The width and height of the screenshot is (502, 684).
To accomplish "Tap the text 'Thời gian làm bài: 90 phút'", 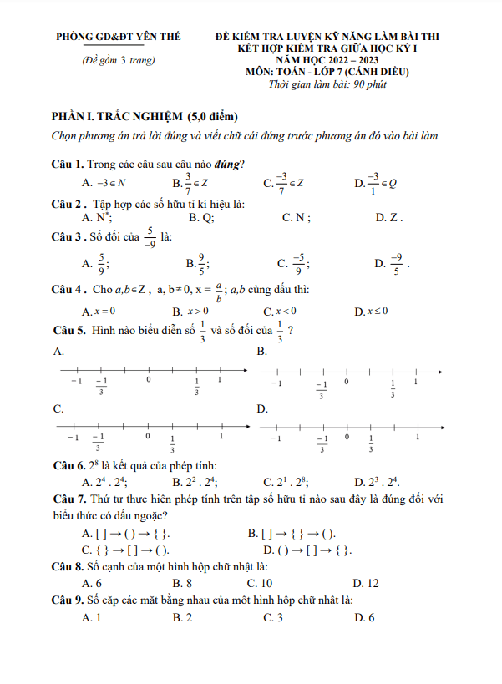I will click(327, 84).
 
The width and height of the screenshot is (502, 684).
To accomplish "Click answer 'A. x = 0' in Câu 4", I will click(99, 312).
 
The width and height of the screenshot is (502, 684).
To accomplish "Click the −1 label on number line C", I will click(73, 437).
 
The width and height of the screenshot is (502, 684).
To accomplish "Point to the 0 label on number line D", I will click(346, 437).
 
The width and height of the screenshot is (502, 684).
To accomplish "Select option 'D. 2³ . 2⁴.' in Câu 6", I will click(377, 482).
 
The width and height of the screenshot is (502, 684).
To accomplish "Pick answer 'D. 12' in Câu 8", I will click(366, 583).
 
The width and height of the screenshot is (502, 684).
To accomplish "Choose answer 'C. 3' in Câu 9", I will click(272, 617).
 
